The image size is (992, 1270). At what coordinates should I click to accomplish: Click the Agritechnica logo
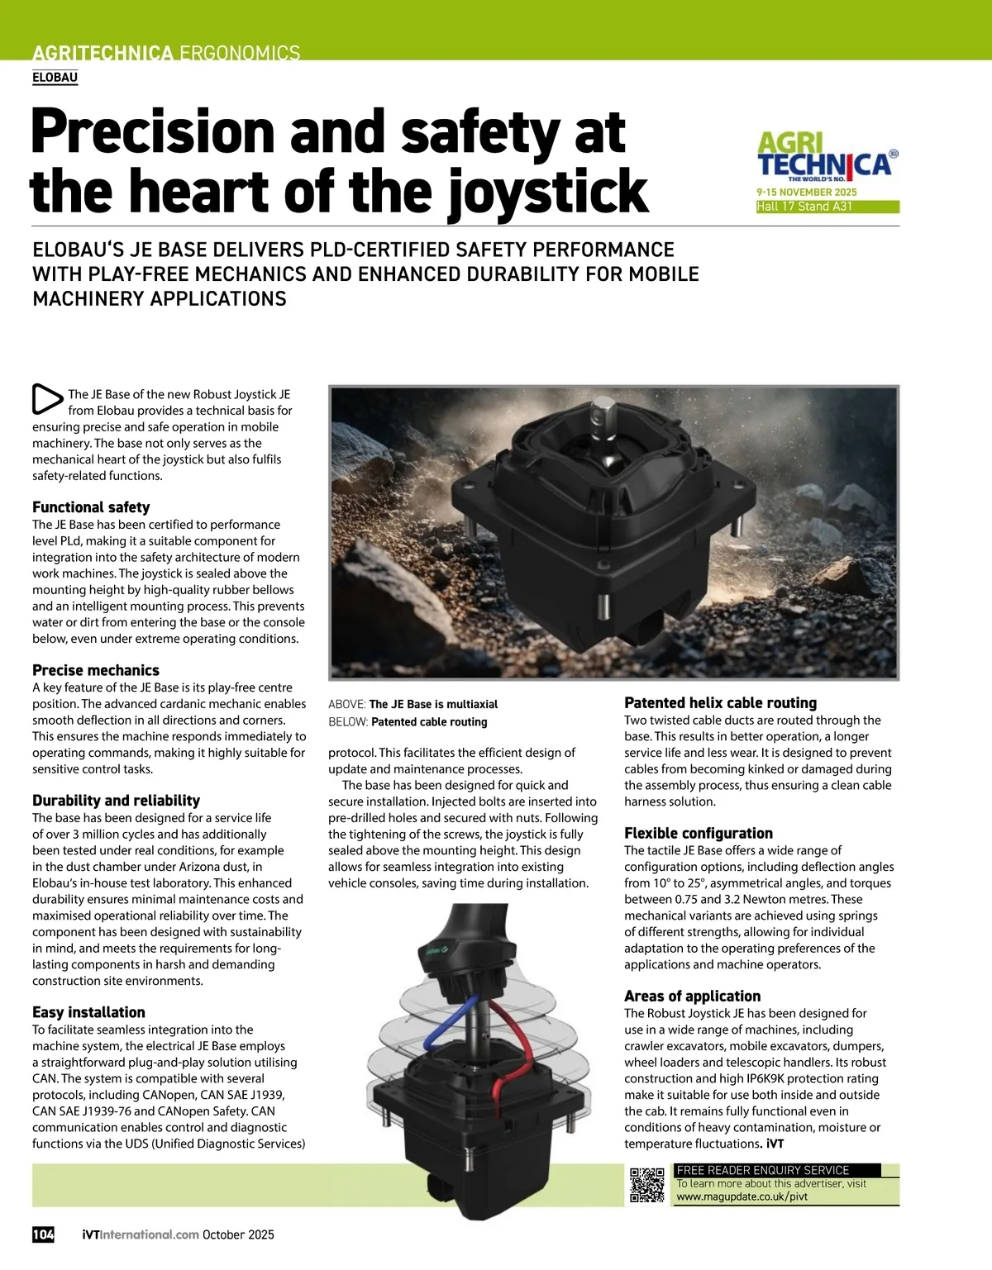pos(826,156)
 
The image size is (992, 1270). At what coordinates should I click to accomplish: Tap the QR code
pos(646,1184)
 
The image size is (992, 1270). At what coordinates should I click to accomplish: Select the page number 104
pos(43,1234)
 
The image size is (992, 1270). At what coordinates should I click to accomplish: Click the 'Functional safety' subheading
pos(91,507)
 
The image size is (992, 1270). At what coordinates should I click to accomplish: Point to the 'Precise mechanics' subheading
pos(96,670)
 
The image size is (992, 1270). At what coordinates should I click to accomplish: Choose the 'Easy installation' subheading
pos(88,1012)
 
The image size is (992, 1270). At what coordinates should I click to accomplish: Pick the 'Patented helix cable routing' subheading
pos(720,702)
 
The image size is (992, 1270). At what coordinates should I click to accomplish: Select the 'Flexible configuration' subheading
pos(699,833)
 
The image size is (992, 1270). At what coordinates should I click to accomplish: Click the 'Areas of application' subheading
pos(692,996)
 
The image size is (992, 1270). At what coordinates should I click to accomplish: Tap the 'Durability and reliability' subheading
pos(116,800)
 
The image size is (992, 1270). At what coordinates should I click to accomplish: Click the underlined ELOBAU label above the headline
pos(55,78)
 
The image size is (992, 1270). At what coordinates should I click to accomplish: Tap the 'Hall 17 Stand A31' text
pos(804,207)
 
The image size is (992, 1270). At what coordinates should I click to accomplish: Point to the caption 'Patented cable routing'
pos(429,721)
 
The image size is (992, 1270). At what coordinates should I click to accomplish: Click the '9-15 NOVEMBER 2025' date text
pos(807,192)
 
